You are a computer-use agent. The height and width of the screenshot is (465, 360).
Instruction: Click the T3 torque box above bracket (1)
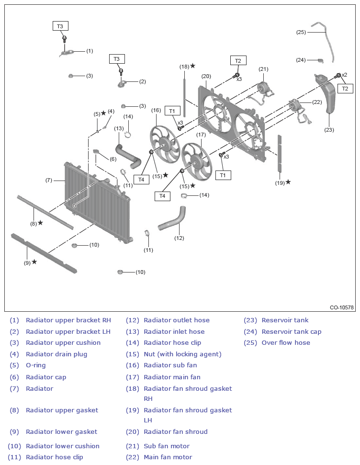point(60,26)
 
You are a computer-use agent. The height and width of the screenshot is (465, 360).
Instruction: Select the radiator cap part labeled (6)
point(97,151)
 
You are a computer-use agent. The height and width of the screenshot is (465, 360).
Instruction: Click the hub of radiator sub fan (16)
point(164,144)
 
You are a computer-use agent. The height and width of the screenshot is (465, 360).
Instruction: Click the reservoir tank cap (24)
point(320,61)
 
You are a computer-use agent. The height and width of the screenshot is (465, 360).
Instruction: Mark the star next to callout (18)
point(193,66)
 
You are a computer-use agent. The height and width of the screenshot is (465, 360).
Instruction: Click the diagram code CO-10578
point(342,307)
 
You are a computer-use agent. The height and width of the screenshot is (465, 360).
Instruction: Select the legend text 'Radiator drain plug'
point(56,354)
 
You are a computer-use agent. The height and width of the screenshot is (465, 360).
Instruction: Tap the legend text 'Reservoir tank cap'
point(292,331)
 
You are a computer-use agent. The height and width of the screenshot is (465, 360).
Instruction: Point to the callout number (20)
point(206,76)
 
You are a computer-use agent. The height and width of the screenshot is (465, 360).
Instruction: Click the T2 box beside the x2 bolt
point(345,89)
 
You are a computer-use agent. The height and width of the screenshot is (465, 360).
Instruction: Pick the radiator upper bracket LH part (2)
point(122,83)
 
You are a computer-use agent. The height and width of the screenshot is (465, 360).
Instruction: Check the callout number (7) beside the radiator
point(49,180)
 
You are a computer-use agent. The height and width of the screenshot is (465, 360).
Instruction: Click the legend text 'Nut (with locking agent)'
point(182,354)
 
